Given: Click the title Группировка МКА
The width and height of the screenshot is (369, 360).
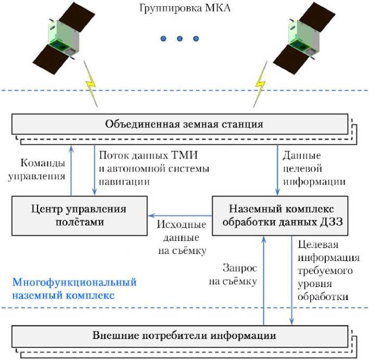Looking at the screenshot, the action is pos(184,8).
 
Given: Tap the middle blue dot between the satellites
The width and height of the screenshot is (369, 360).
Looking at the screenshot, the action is pos(180,39).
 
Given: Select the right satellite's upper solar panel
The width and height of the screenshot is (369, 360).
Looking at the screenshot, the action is pos(321,17).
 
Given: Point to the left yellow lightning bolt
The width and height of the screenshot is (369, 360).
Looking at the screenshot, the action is pos(91,84).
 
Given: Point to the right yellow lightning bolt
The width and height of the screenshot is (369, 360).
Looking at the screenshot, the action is pos(261,84).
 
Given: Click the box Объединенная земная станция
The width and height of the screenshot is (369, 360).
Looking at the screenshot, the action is pos(180,124).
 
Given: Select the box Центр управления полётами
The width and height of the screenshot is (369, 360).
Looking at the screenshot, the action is pos(80,216).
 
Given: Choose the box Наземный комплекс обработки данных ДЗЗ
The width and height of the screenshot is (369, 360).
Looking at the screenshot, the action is pos(280,216).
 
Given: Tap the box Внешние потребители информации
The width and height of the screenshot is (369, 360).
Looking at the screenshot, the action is pos(180,336).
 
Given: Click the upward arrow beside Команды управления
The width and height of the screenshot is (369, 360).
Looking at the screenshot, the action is pos(71,170).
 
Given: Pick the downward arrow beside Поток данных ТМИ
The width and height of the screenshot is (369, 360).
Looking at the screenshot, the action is pos(94,170).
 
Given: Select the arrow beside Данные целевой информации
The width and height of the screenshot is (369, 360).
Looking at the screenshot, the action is pos(277,170).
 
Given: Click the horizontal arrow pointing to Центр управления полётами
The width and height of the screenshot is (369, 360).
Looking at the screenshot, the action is pos(180,215).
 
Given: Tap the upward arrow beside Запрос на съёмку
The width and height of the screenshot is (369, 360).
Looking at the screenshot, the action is pos(264,281).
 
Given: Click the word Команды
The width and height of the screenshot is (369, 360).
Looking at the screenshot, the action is pos(43,163).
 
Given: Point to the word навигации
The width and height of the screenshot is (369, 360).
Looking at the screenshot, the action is pos(124,182).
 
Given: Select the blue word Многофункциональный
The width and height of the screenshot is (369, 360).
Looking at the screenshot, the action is pos(74,282).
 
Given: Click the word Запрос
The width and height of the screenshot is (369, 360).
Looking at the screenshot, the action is pos(240,268).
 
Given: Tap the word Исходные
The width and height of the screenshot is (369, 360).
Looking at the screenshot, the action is pos(182,225).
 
